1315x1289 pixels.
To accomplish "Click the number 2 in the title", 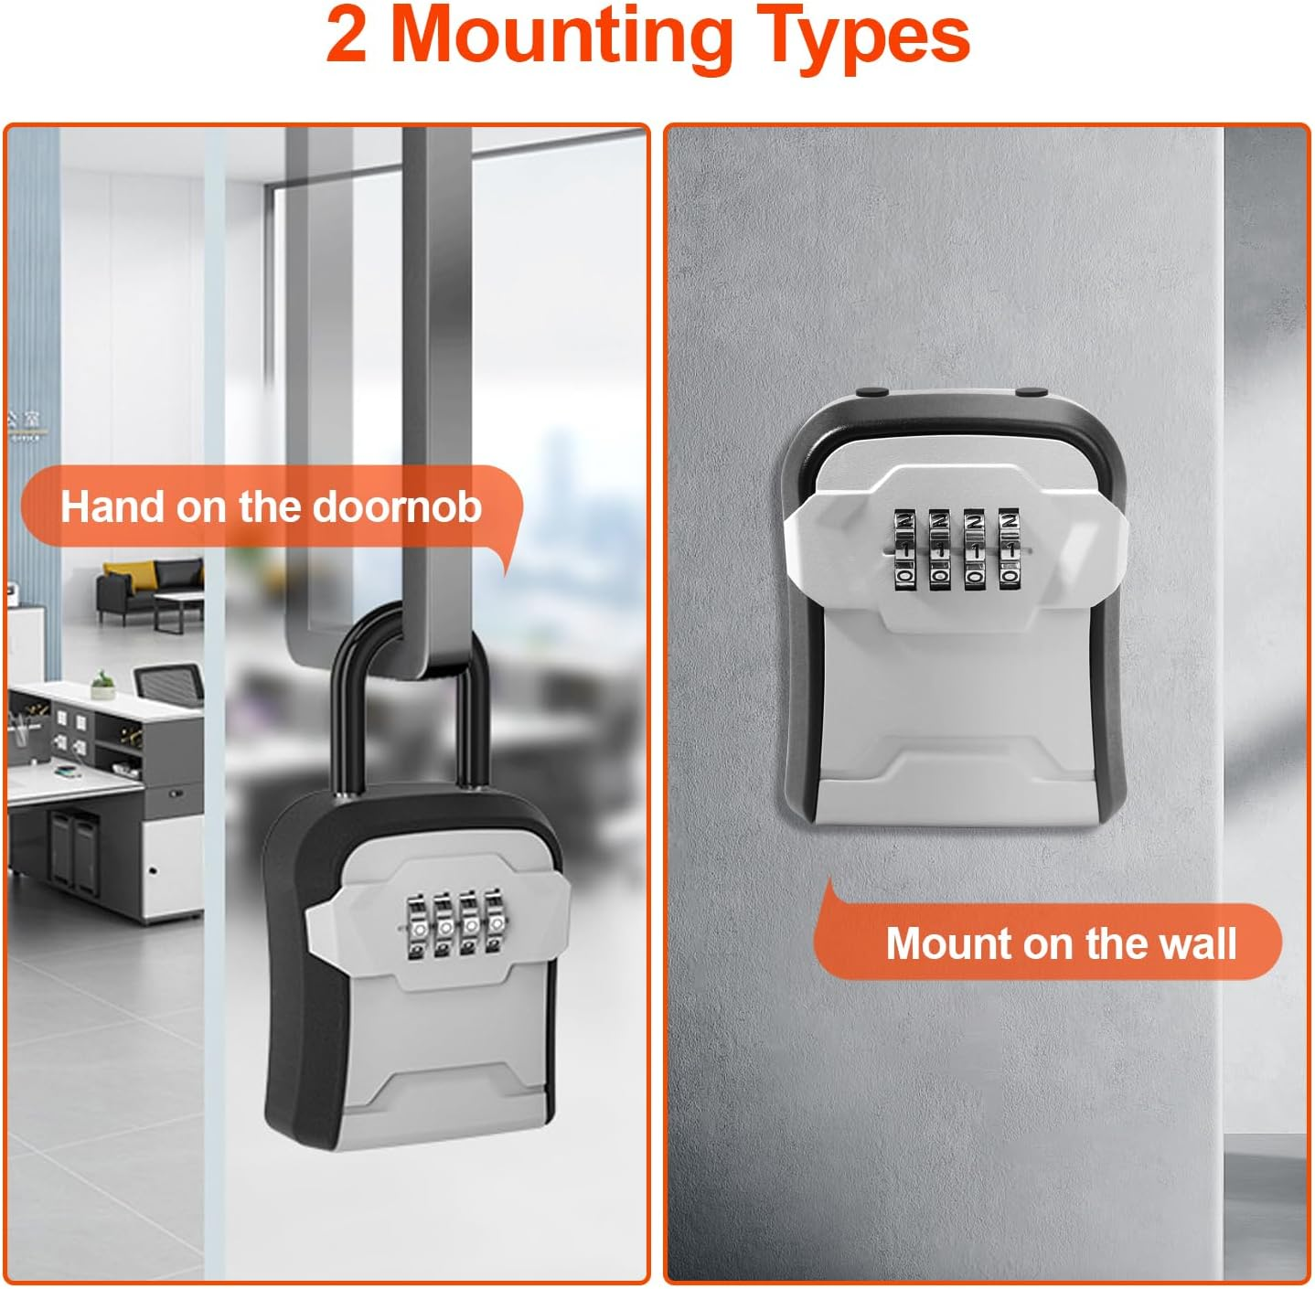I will pyautogui.click(x=347, y=37).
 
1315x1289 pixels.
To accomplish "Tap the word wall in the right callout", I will pyautogui.click(x=1196, y=943).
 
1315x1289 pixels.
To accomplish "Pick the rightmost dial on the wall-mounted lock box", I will pyautogui.click(x=1009, y=549).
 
